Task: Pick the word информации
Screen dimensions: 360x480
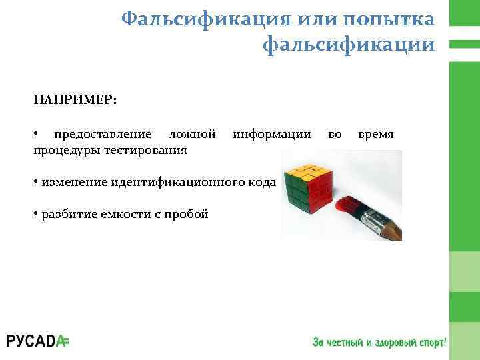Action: (x=271, y=135)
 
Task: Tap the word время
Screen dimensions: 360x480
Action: (x=376, y=135)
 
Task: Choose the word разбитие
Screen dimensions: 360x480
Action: (x=65, y=214)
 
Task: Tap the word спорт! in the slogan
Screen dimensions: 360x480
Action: (x=431, y=342)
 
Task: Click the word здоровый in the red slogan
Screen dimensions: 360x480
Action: (x=394, y=342)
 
